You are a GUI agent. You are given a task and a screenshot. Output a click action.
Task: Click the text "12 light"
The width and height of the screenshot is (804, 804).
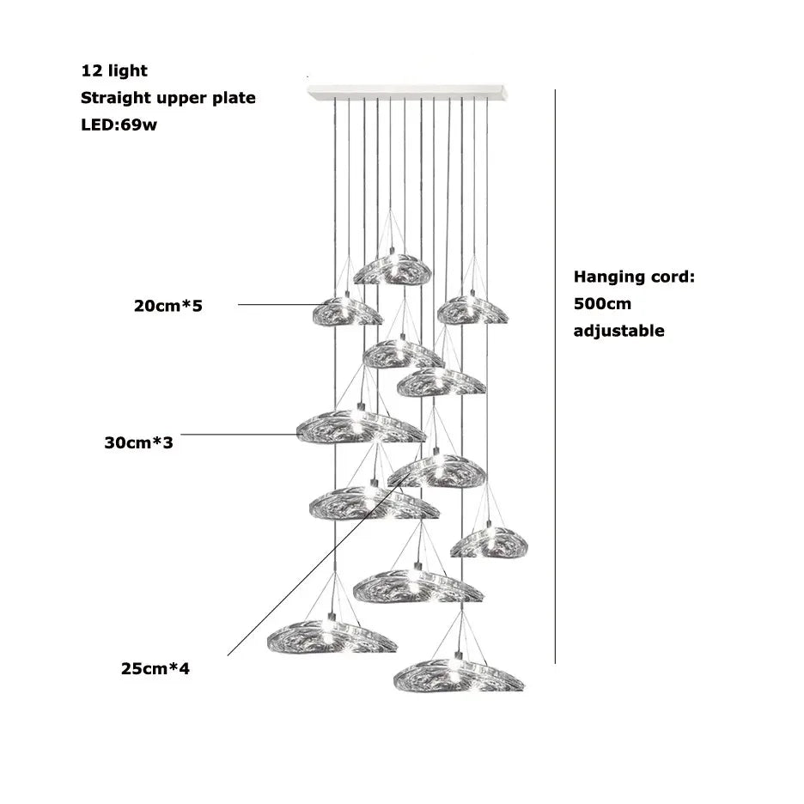click(x=114, y=70)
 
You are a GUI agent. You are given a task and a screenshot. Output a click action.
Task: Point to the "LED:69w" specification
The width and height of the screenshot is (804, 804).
click(x=119, y=125)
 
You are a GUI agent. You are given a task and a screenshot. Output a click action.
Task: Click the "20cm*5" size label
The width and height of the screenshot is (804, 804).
click(x=168, y=305)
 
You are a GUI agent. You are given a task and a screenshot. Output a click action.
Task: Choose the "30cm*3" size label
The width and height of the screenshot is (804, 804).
click(x=139, y=444)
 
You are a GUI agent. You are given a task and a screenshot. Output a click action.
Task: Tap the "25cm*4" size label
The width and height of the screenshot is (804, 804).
click(x=155, y=667)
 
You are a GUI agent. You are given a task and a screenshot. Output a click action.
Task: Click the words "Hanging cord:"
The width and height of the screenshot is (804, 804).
click(x=634, y=277)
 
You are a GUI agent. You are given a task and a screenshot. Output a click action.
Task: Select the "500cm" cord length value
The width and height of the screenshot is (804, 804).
click(x=603, y=304)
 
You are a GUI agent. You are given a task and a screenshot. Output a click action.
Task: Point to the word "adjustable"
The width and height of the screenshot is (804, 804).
click(x=618, y=331)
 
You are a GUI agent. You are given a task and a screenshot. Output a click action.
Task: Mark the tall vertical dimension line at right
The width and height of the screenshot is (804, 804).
click(x=556, y=378)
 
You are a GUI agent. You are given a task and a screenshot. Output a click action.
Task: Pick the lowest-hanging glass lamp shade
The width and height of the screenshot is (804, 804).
click(x=459, y=675)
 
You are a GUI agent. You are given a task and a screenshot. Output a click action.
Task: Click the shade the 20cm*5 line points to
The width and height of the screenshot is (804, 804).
click(x=347, y=311)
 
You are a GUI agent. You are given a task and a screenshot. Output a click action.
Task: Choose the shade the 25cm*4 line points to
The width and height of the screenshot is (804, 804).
click(x=436, y=471)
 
